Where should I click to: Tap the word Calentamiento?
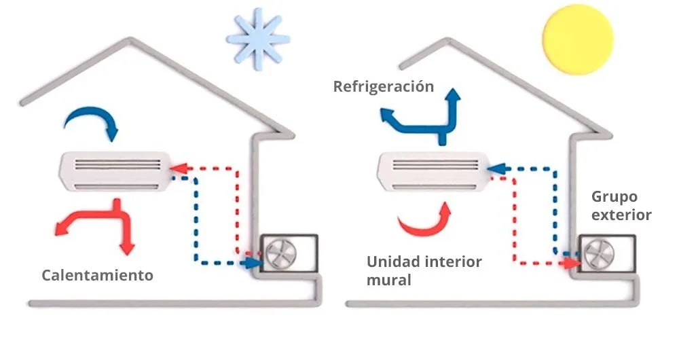[x=97, y=275]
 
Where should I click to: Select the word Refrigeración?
[x=383, y=86]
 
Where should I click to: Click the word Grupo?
[x=614, y=197]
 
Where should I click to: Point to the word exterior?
[x=621, y=215]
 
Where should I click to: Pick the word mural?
[x=388, y=280]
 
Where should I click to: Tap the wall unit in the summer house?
[x=431, y=170]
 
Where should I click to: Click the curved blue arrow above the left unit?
[x=92, y=122]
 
